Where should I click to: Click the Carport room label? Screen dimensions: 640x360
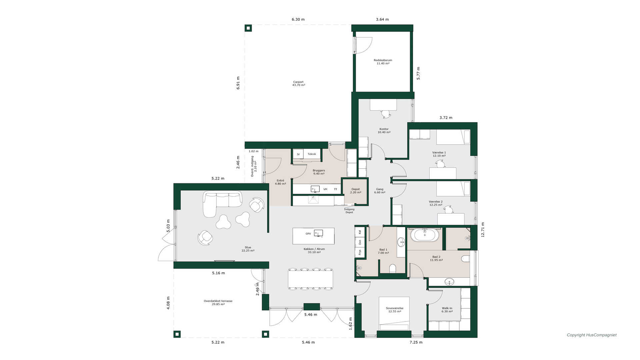pos(299,83)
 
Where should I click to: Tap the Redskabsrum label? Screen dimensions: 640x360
pos(383,62)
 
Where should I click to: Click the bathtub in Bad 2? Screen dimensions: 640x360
pos(425,235)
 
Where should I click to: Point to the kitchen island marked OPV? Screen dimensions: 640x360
pos(313,236)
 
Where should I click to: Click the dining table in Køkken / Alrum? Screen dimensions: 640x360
pos(310,279)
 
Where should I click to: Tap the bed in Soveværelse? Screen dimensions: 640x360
pos(394,313)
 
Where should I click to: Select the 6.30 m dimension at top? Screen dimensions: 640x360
pos(298,19)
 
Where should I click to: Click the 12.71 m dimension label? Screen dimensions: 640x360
pos(483,230)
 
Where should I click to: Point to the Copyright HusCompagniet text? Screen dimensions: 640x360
pos(592,335)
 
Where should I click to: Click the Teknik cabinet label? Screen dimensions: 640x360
pos(312,154)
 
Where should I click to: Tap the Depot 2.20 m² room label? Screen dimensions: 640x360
pos(356,191)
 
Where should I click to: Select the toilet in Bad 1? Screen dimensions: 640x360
pos(393,269)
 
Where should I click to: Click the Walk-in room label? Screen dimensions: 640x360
pos(447,310)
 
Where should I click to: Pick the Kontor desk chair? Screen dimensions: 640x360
pos(386,114)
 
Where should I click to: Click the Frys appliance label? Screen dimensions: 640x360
pos(360,252)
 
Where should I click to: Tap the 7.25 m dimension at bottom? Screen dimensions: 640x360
pos(416,342)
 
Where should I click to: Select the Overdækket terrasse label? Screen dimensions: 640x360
pos(218,302)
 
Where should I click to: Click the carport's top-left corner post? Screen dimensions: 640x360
pos(248,28)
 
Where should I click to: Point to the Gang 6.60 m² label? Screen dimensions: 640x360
pos(380,191)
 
